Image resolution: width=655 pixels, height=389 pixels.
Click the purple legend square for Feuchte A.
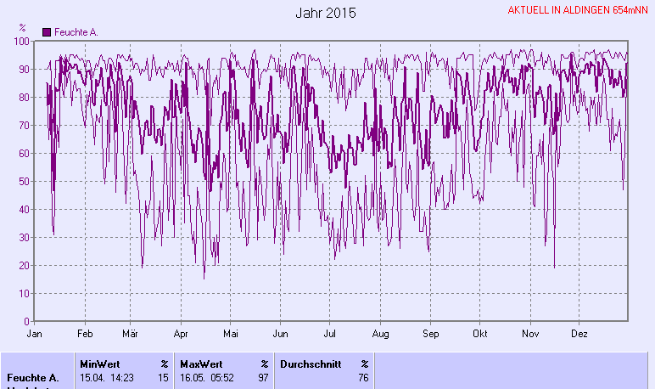pyautogui.click(x=47, y=32)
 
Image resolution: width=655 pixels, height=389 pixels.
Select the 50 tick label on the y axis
pyautogui.click(x=25, y=181)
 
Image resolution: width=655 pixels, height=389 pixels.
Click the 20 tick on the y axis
pyautogui.click(x=25, y=265)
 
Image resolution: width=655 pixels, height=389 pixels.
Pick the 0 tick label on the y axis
pyautogui.click(x=27, y=321)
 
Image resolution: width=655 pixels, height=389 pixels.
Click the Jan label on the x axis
pyautogui.click(x=35, y=334)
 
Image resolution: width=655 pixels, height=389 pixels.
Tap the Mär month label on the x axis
pyautogui.click(x=131, y=334)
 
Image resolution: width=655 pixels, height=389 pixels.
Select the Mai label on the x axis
pyautogui.click(x=230, y=334)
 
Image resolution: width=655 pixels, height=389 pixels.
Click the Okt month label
pyautogui.click(x=481, y=334)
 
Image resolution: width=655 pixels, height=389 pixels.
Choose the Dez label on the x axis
pyautogui.click(x=579, y=334)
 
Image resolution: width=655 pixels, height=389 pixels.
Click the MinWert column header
pyautogui.click(x=100, y=364)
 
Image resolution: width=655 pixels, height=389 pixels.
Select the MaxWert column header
pyautogui.click(x=200, y=364)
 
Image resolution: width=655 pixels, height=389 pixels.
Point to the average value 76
pyautogui.click(x=363, y=378)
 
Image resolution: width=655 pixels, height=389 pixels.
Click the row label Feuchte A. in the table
pyautogui.click(x=32, y=378)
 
